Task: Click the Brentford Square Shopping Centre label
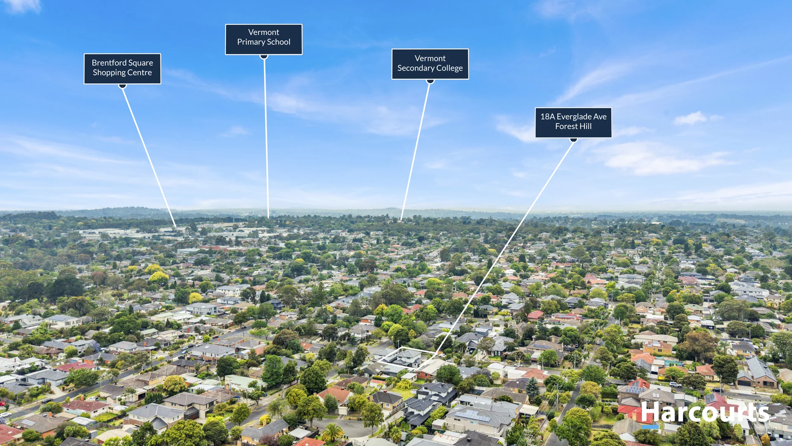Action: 123,69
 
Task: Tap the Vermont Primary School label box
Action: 264,39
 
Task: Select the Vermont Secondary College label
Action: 430,64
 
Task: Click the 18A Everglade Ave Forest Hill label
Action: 573,123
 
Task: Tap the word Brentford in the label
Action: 108,63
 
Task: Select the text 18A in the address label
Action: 547,117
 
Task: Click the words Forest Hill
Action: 573,126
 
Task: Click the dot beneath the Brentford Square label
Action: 123,86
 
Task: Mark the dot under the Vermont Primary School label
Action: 264,57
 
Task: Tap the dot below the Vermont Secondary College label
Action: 430,81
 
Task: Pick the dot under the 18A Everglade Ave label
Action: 573,140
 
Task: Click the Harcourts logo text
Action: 705,412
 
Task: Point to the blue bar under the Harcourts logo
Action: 650,427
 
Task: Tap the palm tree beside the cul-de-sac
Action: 332,432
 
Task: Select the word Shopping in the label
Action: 109,73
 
